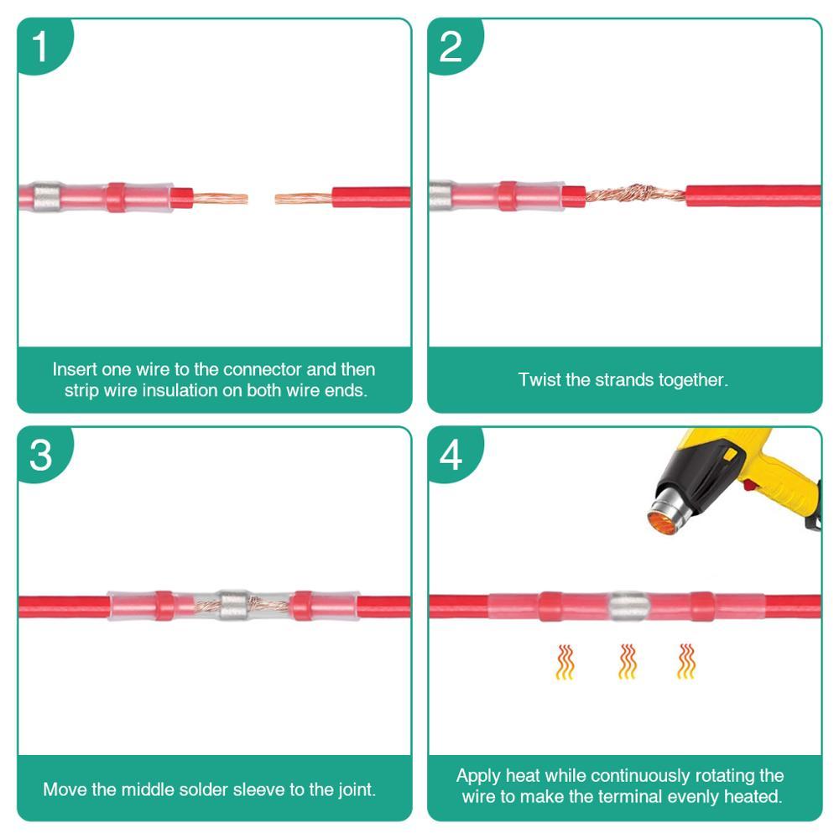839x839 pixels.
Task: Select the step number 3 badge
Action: tap(40, 456)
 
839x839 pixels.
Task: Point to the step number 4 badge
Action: tap(451, 456)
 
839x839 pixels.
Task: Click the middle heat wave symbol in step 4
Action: tap(627, 661)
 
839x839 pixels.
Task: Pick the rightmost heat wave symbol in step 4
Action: tap(686, 661)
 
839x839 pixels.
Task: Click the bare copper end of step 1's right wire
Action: tap(303, 199)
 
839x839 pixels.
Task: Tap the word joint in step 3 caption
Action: tap(353, 789)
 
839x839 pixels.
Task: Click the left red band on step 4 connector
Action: tap(550, 605)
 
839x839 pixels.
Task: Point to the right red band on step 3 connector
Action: tap(301, 605)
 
